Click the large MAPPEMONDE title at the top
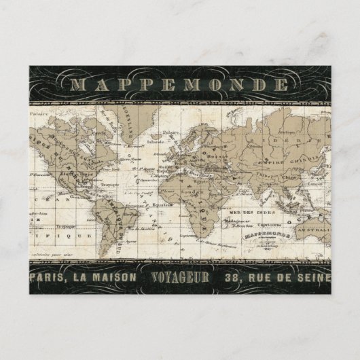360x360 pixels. [x=181, y=85]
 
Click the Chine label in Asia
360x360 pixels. [x=294, y=160]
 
